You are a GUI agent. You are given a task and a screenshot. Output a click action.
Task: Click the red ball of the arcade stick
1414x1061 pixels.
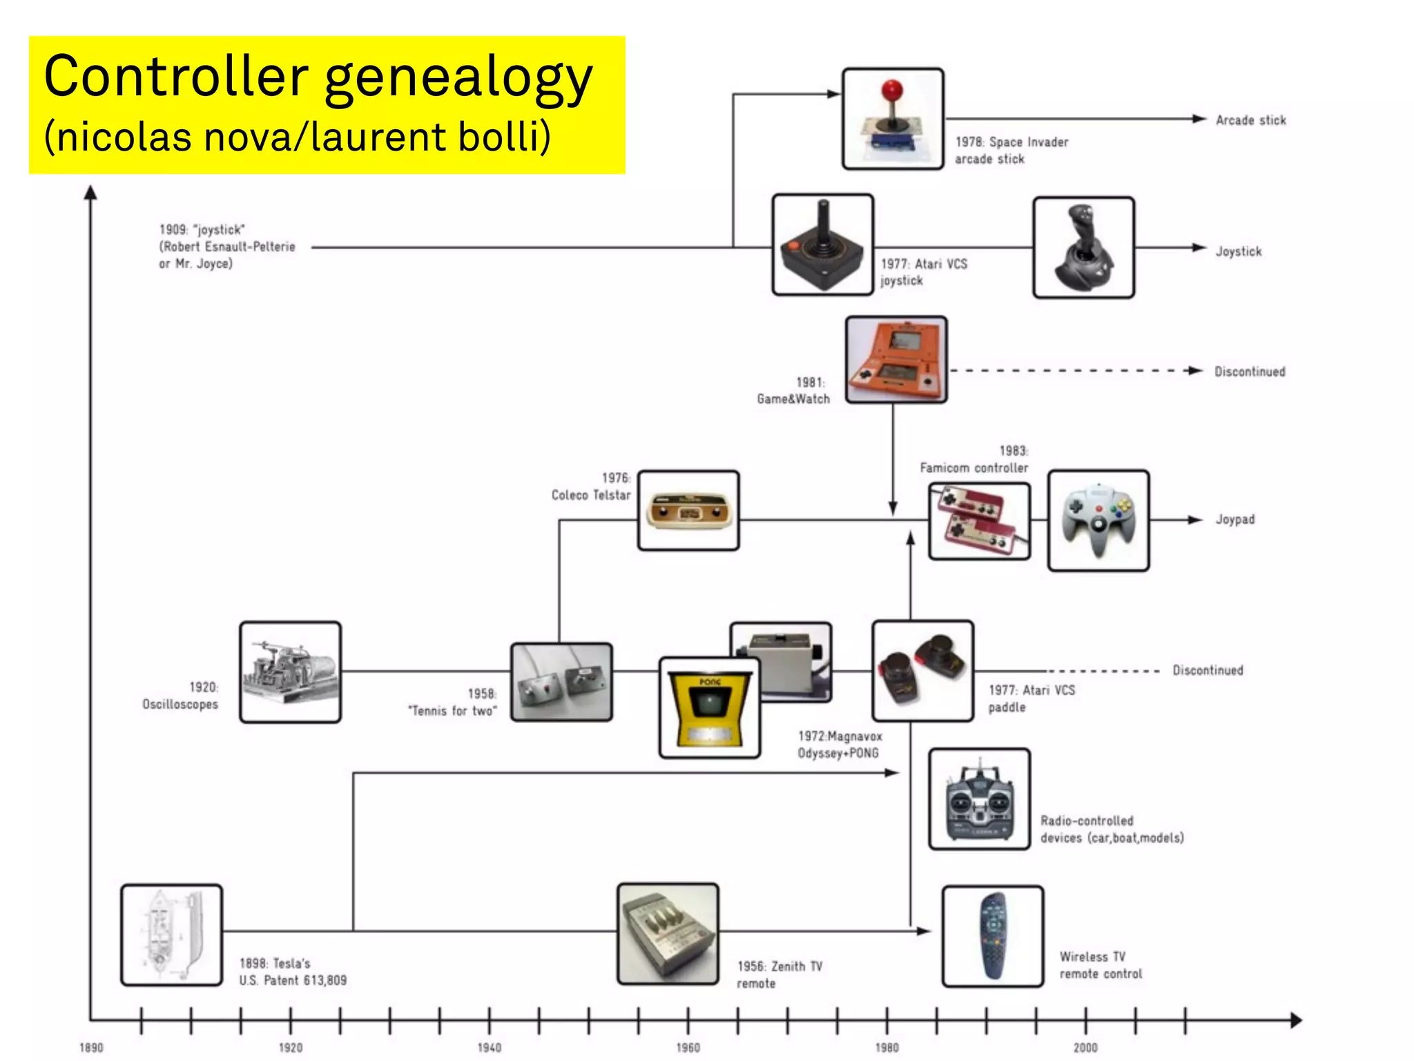[892, 90]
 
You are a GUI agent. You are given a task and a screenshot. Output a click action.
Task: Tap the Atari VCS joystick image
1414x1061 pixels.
[822, 245]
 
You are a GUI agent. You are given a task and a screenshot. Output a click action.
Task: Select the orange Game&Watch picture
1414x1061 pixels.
[896, 359]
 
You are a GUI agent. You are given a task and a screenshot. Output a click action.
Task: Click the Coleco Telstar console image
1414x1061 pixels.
[688, 511]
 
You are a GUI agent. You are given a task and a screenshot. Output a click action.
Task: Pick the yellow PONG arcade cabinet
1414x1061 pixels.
[710, 708]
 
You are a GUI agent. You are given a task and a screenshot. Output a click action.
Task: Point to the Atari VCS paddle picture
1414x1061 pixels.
[922, 671]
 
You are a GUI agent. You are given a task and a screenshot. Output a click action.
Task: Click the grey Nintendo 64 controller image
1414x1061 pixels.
[1098, 521]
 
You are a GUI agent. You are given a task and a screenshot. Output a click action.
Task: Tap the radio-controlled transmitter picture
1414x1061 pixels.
[979, 799]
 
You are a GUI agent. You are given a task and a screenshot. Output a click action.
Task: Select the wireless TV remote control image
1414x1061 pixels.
[992, 936]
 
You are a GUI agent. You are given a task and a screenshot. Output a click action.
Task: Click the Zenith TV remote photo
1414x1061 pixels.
[668, 933]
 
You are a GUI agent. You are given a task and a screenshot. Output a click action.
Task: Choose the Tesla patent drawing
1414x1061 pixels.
[171, 935]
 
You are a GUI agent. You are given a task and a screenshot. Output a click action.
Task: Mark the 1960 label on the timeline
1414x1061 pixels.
[688, 1048]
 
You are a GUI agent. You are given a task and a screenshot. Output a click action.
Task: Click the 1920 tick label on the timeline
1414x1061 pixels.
[291, 1048]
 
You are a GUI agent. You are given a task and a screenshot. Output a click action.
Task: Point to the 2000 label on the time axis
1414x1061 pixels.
[1085, 1048]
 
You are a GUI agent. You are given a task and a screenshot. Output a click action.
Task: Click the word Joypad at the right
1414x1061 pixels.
[1234, 519]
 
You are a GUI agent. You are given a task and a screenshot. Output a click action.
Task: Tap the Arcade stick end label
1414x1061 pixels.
[1250, 120]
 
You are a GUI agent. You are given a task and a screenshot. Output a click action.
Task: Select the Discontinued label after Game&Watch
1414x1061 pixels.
[1250, 372]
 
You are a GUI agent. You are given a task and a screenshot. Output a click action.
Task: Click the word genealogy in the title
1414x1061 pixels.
[458, 77]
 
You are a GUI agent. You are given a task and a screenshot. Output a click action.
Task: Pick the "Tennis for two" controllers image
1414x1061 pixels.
[561, 682]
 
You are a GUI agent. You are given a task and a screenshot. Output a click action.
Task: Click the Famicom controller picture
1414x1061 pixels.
[978, 521]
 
